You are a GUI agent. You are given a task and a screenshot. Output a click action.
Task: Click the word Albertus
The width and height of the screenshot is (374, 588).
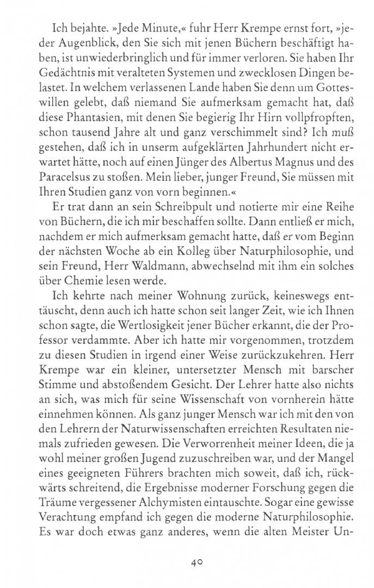click(x=248, y=163)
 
